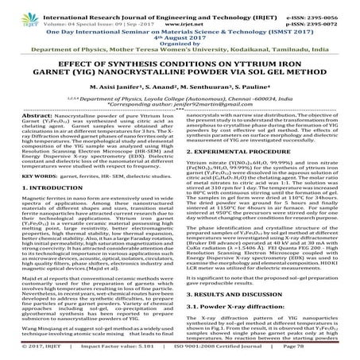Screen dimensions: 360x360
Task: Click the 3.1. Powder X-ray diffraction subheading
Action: click(x=230, y=315)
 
